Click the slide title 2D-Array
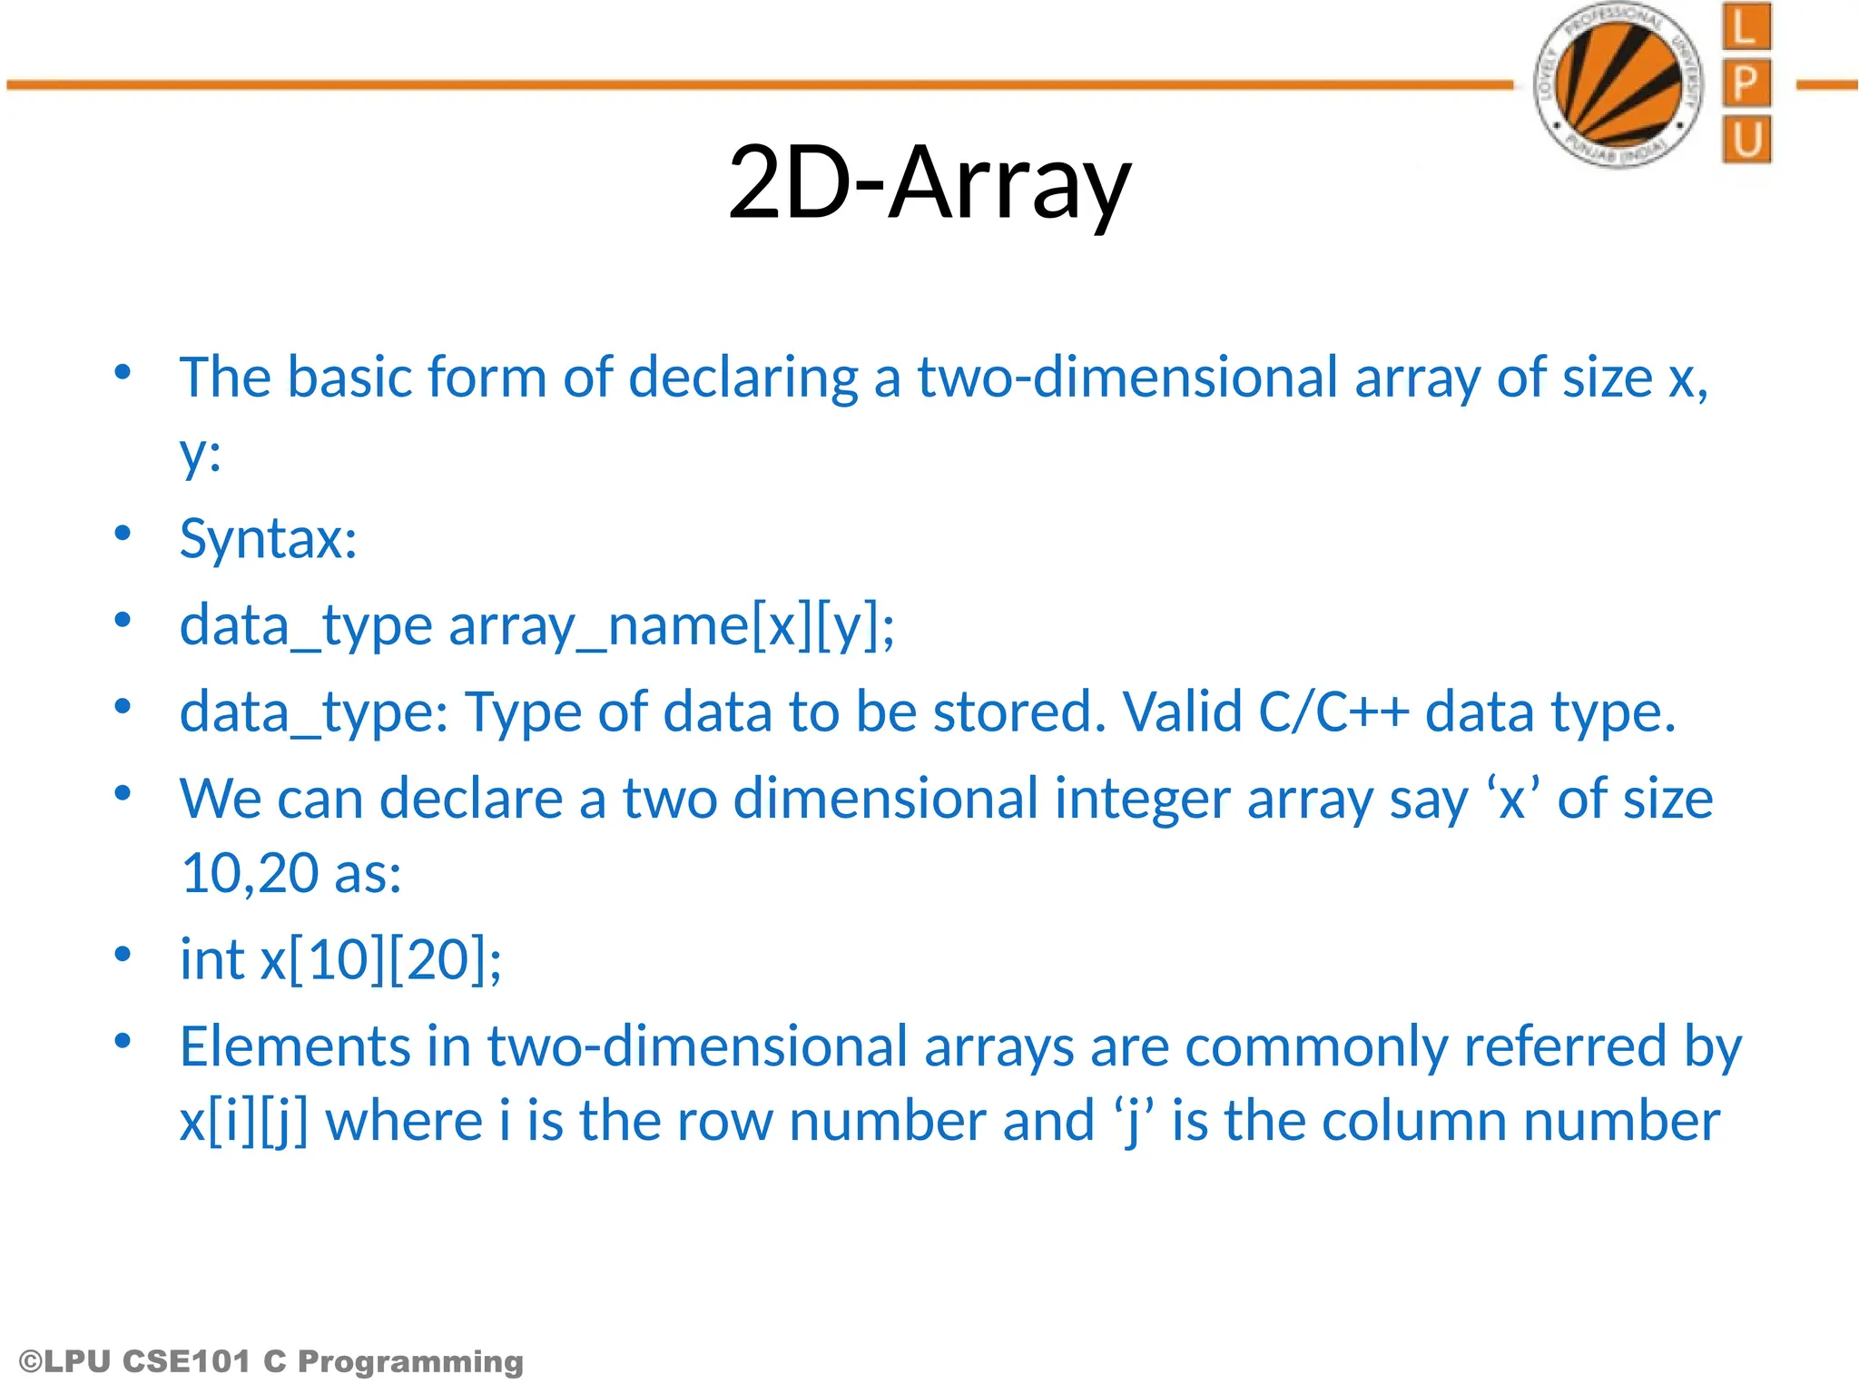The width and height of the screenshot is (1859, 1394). coord(929,183)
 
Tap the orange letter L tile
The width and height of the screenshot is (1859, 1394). coord(1746,27)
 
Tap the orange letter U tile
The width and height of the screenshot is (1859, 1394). coord(1746,140)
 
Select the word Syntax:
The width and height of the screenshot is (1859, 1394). coord(268,539)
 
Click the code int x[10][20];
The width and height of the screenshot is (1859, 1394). coord(340,960)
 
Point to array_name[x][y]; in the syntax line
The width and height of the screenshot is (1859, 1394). coord(671,626)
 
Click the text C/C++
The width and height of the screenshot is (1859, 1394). coord(1333,712)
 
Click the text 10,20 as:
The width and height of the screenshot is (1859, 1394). coord(290,874)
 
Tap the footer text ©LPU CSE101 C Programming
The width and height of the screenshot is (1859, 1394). coord(270,1361)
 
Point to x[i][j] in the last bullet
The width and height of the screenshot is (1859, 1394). coord(243,1122)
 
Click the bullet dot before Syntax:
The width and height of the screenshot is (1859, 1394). coord(123,533)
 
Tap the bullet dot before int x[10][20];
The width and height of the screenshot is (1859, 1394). coord(123,954)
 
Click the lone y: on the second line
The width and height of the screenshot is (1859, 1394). coord(200,454)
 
